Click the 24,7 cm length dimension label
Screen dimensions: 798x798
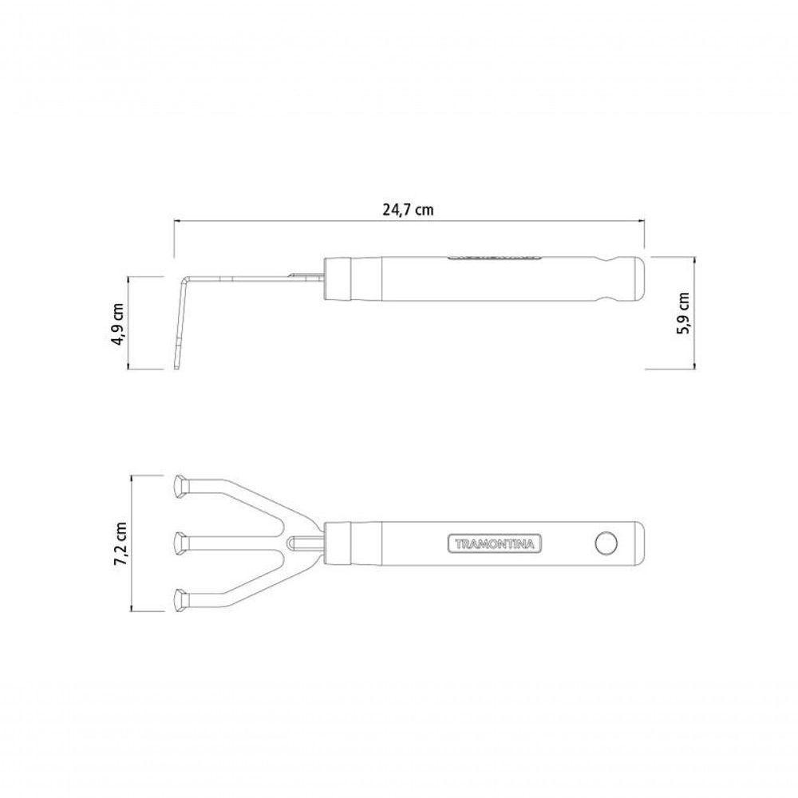(408, 210)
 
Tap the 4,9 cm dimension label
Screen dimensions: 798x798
(117, 325)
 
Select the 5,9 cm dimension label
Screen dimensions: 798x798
(683, 313)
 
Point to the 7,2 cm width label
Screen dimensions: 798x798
(121, 543)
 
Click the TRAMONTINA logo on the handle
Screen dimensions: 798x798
(494, 544)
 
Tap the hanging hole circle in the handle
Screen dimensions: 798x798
(606, 543)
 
